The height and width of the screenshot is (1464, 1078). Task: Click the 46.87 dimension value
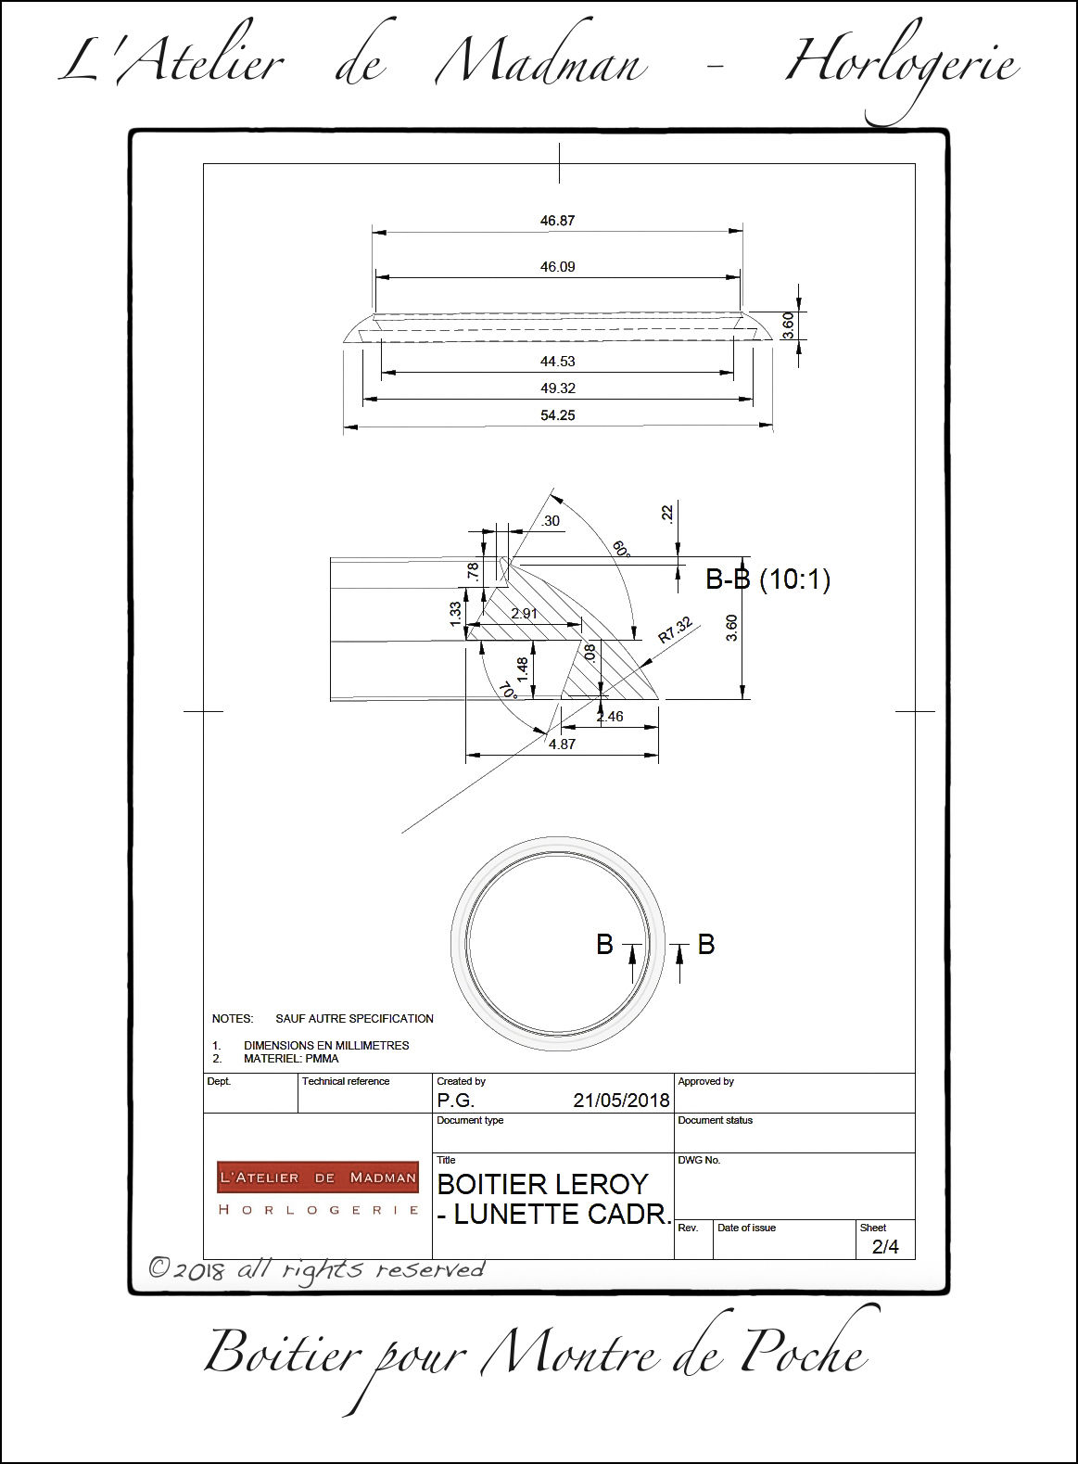click(558, 221)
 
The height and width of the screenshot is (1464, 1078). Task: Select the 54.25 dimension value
click(558, 415)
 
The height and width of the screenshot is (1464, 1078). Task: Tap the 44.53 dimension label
click(558, 362)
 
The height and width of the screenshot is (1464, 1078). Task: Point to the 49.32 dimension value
click(558, 388)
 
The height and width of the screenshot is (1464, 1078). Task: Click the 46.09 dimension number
click(558, 267)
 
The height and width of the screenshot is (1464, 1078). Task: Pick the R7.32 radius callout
click(676, 630)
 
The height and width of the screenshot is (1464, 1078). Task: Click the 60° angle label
click(620, 548)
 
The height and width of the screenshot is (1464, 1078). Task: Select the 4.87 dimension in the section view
click(563, 744)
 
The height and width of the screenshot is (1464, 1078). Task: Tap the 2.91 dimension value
click(525, 613)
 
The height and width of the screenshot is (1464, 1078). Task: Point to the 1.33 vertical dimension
click(455, 613)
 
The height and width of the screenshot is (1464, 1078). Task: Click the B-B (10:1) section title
click(768, 579)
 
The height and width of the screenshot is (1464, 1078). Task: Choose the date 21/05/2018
click(621, 1101)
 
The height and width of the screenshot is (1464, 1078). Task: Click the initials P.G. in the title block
click(456, 1101)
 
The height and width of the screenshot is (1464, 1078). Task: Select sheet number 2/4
click(885, 1247)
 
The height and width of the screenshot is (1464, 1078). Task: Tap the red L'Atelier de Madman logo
click(318, 1178)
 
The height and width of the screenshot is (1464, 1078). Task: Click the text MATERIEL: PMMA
click(291, 1058)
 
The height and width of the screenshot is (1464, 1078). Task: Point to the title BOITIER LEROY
click(543, 1184)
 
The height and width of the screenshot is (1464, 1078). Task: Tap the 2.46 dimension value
click(610, 717)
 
